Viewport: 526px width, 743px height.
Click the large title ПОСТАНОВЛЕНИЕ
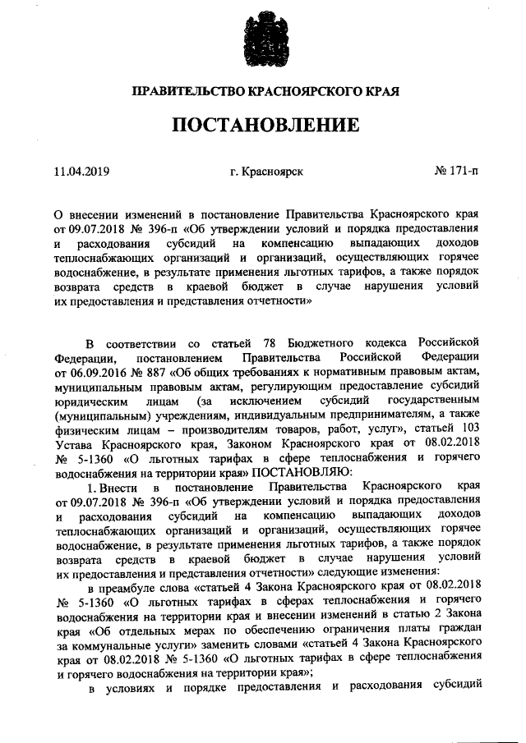tap(265, 125)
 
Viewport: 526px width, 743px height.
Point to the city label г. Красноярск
tap(267, 172)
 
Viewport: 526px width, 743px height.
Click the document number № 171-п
tap(454, 172)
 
